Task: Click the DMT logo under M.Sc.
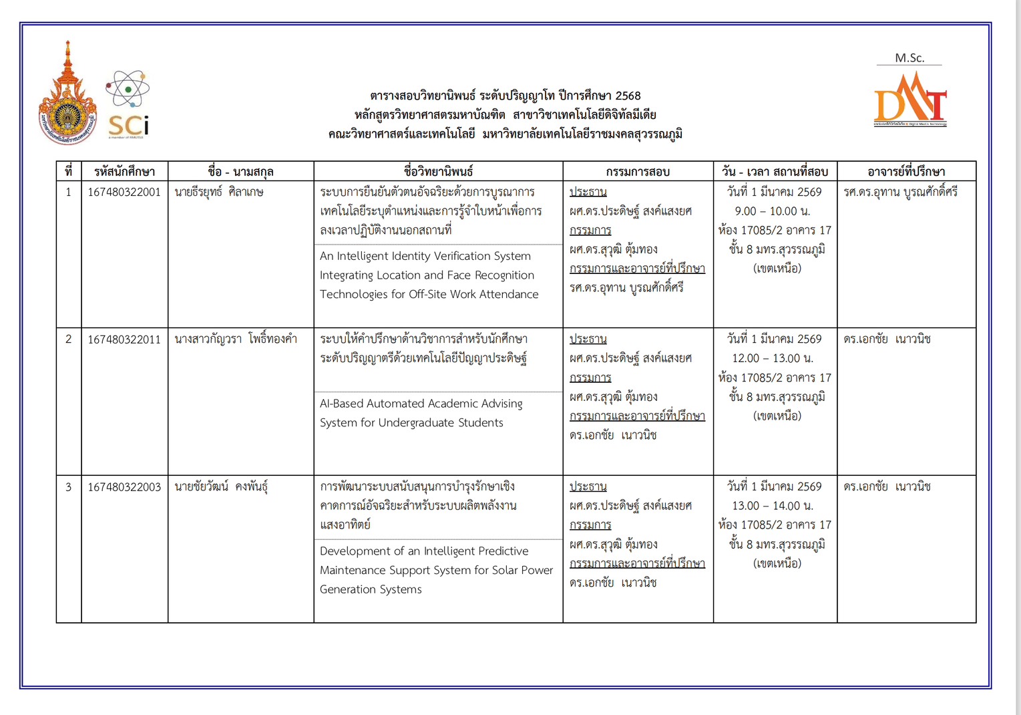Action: (x=910, y=100)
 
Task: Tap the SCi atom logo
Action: (x=128, y=104)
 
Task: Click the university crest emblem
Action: (x=67, y=97)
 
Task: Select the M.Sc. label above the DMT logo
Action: (x=909, y=58)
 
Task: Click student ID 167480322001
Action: (x=124, y=192)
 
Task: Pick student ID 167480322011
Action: (x=124, y=339)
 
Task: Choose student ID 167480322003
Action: (x=124, y=487)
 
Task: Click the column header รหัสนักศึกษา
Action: (x=124, y=172)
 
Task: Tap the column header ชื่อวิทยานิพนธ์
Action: (x=438, y=172)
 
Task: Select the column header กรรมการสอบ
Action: (x=638, y=172)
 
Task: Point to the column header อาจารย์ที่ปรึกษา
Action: (x=906, y=172)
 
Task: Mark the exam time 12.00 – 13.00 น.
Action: (x=775, y=358)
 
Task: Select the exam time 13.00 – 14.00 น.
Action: (x=775, y=506)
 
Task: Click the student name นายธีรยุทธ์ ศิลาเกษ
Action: (x=219, y=192)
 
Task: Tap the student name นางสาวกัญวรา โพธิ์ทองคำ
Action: (x=236, y=339)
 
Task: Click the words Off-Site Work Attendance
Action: (x=481, y=294)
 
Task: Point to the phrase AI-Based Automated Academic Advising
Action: (x=421, y=404)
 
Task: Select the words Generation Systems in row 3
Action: (x=371, y=589)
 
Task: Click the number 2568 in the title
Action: (x=628, y=96)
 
